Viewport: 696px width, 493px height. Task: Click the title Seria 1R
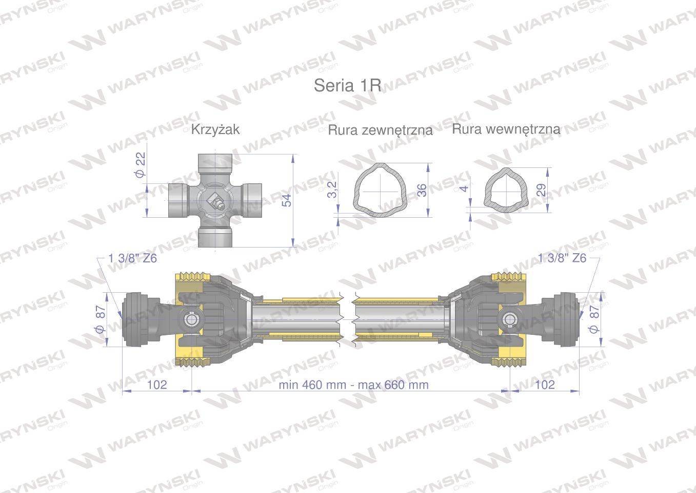click(x=348, y=86)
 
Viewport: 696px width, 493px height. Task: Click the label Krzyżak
click(x=215, y=129)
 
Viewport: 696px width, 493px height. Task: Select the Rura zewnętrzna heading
click(x=380, y=130)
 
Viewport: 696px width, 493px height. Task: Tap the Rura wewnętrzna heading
click(x=506, y=129)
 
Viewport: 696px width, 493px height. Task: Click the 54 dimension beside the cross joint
click(x=287, y=200)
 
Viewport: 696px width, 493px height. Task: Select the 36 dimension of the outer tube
click(x=422, y=190)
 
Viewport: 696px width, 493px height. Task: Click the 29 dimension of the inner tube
click(x=542, y=189)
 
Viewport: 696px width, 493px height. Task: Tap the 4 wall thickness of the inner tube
click(x=465, y=188)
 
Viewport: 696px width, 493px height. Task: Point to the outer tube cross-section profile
click(x=380, y=189)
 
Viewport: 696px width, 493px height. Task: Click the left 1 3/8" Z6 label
click(x=133, y=258)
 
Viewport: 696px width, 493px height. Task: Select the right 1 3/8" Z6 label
click(x=562, y=258)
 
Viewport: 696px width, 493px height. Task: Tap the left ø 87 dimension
click(x=101, y=318)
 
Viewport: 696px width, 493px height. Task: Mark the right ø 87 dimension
click(x=595, y=319)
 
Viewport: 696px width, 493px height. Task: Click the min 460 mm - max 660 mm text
click(x=353, y=385)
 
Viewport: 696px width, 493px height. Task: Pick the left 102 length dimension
click(x=157, y=385)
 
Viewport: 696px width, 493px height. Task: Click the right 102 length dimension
click(x=545, y=385)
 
